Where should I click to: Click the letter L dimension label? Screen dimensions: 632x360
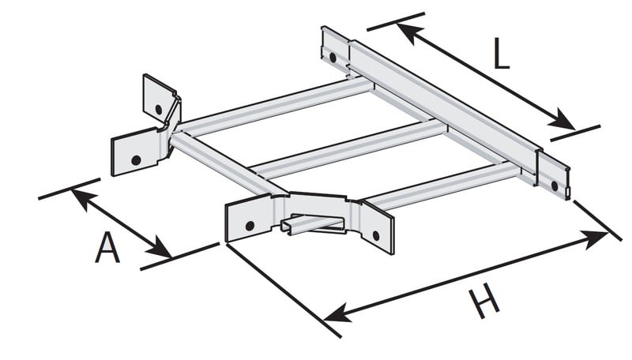click(x=502, y=53)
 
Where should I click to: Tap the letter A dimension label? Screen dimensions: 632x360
click(x=107, y=247)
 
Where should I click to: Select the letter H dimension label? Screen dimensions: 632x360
click(x=483, y=301)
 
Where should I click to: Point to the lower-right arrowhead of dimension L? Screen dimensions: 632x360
click(x=563, y=119)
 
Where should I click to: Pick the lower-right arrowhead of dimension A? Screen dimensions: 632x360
click(x=160, y=247)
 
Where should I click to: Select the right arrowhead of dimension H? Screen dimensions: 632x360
click(x=595, y=239)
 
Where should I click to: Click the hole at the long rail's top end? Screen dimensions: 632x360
click(x=333, y=57)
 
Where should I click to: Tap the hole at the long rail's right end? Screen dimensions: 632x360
click(x=555, y=186)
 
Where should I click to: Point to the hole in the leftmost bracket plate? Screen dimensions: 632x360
click(x=136, y=160)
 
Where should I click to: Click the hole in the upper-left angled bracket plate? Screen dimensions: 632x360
click(x=159, y=109)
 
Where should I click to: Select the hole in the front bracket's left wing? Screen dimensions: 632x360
click(x=250, y=226)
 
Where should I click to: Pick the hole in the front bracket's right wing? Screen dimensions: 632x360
click(x=377, y=235)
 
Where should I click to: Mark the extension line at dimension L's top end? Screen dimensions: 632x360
click(x=396, y=22)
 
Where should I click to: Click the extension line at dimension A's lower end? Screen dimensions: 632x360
click(x=180, y=256)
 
